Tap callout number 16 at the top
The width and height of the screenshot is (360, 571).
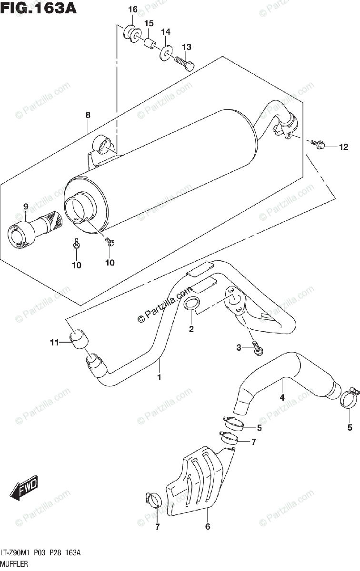[x=132, y=10]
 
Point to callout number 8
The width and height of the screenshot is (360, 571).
[x=88, y=115]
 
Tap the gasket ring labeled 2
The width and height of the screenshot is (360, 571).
[x=191, y=303]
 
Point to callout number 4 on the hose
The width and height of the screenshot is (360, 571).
[x=282, y=398]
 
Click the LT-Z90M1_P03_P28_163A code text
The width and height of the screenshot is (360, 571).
[x=41, y=553]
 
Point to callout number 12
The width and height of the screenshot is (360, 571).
[x=343, y=147]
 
